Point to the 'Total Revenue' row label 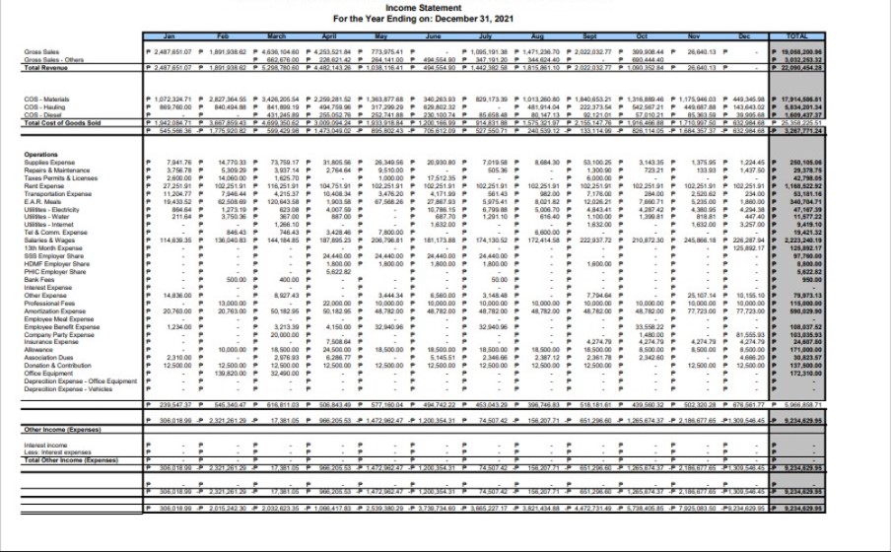47,68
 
